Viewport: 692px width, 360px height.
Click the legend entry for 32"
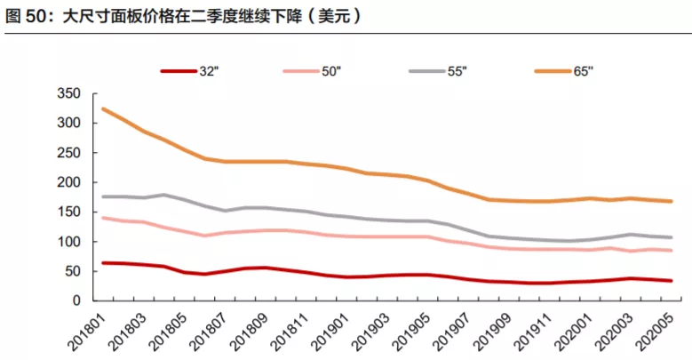point(190,70)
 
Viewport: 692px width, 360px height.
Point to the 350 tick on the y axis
point(68,94)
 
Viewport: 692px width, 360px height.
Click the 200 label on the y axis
point(68,182)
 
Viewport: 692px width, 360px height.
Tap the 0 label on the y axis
point(76,301)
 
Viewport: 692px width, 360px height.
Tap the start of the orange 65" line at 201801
point(104,109)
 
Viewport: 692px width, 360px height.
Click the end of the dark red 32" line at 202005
point(671,281)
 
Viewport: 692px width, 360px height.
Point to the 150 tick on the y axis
point(68,212)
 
